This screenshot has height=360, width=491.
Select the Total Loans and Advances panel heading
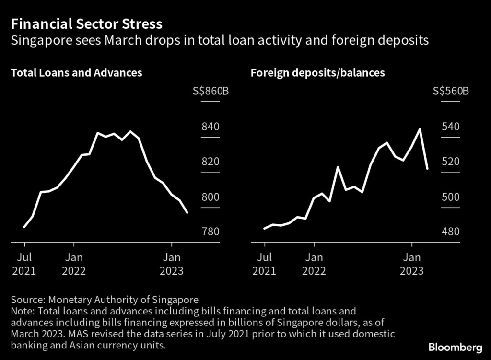coord(76,73)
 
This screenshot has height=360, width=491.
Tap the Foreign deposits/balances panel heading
coord(317,73)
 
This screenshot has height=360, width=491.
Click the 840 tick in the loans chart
coord(210,127)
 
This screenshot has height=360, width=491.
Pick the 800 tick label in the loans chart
coord(210,197)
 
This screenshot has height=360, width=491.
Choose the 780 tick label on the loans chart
coord(210,232)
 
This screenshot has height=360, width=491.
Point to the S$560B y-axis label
coord(451,92)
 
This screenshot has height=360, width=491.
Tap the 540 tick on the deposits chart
coord(451,127)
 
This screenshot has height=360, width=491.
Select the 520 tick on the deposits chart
coord(451,162)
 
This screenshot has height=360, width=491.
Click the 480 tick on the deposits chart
coord(451,232)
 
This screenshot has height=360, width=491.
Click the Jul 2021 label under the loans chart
coord(24,264)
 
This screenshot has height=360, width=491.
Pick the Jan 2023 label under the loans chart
coord(171,264)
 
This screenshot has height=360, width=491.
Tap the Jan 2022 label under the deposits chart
coord(314,264)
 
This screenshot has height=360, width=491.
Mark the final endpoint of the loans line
coord(187,212)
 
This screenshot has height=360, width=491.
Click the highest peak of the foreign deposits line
coord(420,129)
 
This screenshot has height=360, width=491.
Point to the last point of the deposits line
coord(427,168)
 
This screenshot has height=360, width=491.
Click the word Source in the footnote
coord(26,300)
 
